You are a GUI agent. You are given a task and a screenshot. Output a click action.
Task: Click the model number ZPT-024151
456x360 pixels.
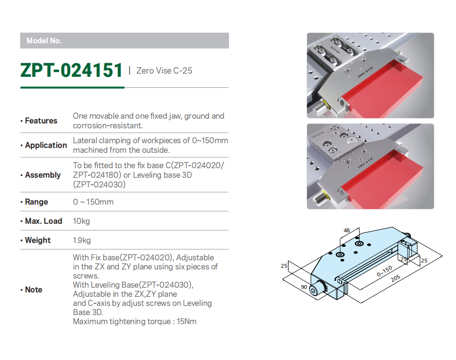(71, 71)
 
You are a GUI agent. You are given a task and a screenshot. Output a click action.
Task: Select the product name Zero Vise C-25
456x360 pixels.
(164, 71)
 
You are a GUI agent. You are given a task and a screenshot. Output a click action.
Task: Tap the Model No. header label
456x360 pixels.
(44, 41)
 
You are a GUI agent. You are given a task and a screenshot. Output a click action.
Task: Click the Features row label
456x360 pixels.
(41, 120)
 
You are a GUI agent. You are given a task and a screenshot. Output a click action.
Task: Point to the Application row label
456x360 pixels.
(46, 145)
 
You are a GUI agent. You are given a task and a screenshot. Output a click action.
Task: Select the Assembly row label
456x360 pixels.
(43, 175)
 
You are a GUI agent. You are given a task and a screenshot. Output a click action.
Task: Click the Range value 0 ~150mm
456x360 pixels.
(93, 202)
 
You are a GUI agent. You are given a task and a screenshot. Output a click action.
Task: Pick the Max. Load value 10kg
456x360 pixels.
(82, 221)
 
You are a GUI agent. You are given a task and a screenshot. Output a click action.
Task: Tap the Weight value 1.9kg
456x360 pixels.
(82, 240)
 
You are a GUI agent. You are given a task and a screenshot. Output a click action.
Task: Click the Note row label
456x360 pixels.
(34, 289)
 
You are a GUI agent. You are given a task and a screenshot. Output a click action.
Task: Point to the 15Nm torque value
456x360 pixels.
(187, 321)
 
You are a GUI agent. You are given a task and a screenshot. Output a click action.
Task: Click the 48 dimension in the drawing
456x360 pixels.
(347, 230)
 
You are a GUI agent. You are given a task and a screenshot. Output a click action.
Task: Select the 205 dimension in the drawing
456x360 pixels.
(396, 278)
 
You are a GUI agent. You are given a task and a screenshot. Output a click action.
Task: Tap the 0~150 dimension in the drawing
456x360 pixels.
(384, 271)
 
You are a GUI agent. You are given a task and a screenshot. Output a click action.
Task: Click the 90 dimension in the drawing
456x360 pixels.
(304, 287)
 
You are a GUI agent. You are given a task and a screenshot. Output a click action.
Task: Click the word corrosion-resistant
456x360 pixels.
(108, 126)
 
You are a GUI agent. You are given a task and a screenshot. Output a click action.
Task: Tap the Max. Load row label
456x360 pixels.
(44, 221)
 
